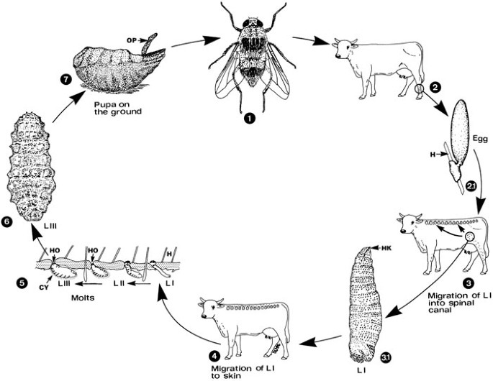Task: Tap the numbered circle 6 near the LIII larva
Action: click(7, 222)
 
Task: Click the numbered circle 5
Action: click(8, 283)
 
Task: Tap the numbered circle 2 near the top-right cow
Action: click(435, 88)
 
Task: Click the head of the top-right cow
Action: click(343, 49)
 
